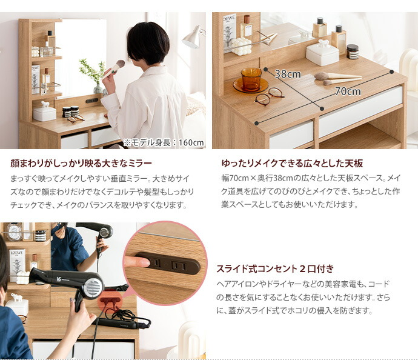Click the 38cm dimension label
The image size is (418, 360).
coord(287,75)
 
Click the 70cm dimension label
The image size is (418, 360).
coord(347,92)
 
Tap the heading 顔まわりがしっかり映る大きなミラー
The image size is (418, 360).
coord(81,164)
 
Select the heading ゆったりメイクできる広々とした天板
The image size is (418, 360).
coord(292,164)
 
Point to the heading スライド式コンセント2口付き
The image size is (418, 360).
coord(274,268)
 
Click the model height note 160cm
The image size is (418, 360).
coord(164,143)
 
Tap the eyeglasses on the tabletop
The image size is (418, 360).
coord(268,96)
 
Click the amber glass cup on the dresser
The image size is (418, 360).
coord(250,79)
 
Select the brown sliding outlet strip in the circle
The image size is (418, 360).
coord(166,263)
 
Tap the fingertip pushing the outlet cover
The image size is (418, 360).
coord(138,262)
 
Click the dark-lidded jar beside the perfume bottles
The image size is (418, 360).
coord(352,51)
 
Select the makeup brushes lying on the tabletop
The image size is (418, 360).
coord(336,78)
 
